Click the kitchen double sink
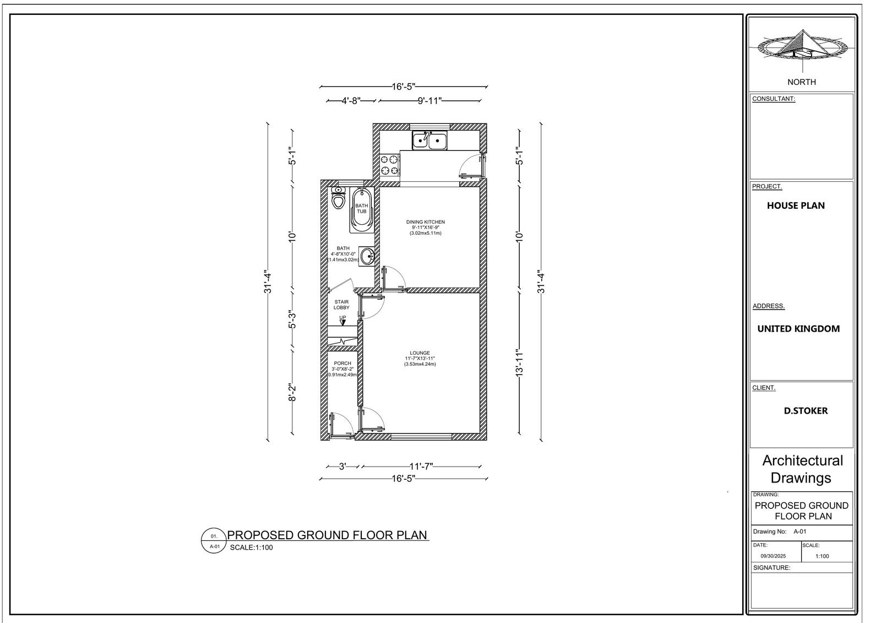(430, 140)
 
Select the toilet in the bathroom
(338, 199)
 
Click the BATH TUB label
(361, 208)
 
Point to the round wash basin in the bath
(367, 256)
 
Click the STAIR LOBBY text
(341, 305)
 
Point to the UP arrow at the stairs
(342, 321)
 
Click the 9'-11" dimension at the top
(429, 101)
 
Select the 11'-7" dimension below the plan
(421, 466)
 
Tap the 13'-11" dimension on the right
(519, 362)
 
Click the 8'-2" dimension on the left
(293, 393)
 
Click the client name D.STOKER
(806, 411)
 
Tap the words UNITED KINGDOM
(798, 329)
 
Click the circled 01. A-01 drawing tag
(214, 541)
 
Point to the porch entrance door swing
(342, 425)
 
